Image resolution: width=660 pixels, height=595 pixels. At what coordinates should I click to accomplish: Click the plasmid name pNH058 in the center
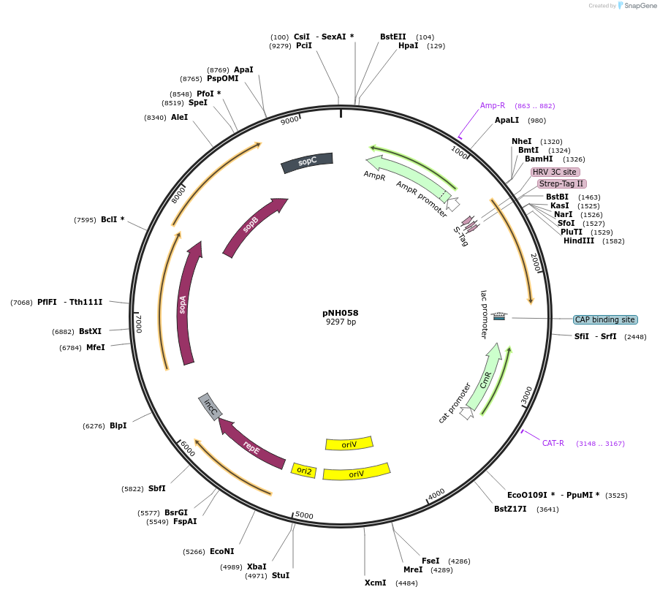341,313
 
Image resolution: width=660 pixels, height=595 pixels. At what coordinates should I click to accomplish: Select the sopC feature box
307,162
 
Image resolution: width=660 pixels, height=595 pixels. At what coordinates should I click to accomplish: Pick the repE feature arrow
251,447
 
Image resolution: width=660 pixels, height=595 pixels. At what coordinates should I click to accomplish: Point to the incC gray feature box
210,406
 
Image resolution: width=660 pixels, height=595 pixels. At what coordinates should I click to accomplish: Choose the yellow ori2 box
304,471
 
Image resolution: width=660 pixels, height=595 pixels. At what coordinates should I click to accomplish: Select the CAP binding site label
605,319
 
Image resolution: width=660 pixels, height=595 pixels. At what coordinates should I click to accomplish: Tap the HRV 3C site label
555,172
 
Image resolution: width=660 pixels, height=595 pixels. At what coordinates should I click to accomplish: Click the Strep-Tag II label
561,183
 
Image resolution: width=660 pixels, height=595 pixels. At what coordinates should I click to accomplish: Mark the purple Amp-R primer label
493,105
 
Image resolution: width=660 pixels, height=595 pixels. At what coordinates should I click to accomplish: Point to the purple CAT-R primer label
553,443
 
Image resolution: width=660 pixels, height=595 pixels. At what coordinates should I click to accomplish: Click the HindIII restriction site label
579,240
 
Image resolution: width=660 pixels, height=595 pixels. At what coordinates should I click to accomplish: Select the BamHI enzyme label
539,159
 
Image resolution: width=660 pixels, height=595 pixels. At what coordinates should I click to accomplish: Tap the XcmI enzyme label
375,583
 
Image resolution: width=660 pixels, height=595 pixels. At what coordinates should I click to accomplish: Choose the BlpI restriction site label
118,425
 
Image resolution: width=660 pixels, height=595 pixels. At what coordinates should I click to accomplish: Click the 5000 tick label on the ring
304,516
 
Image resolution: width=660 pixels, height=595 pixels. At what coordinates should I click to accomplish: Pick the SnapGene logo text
640,6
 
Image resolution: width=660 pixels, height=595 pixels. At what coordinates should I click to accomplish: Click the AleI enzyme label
179,117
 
